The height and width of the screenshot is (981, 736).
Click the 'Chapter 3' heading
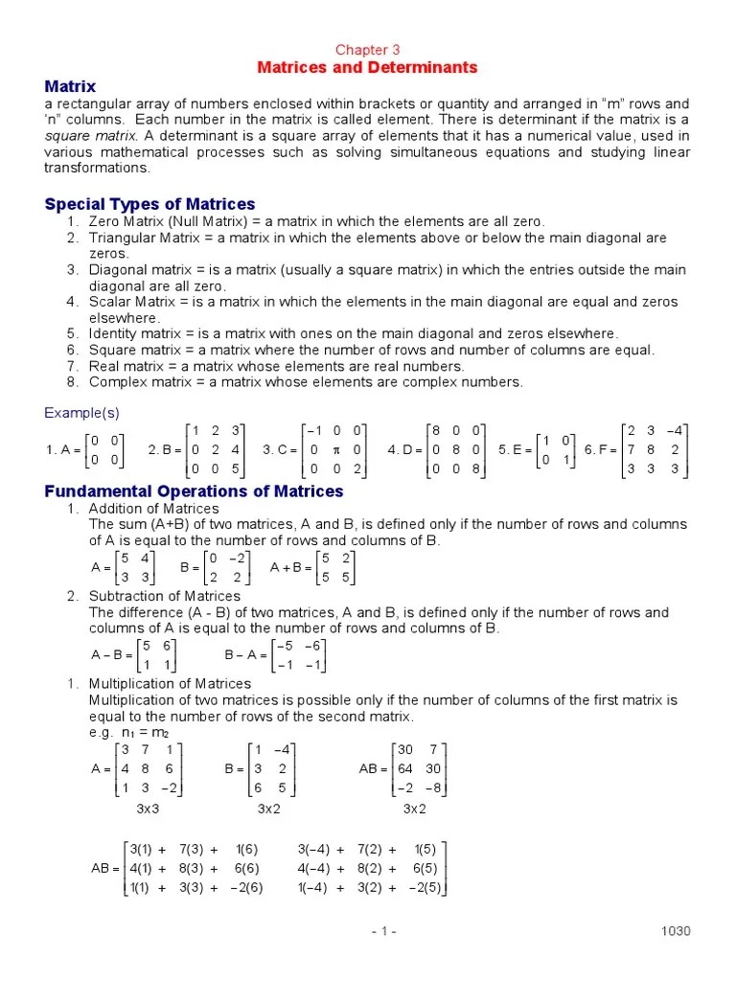(x=367, y=50)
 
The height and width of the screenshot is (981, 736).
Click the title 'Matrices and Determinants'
(x=367, y=68)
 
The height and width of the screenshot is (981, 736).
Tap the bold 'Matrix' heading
(x=71, y=86)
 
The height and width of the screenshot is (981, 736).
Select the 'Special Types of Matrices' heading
(x=149, y=204)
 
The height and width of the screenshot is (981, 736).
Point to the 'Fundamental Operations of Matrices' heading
(x=194, y=491)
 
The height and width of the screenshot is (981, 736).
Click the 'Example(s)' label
(x=79, y=413)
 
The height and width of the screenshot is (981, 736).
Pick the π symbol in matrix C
(x=332, y=449)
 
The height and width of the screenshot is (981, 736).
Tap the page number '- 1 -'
(x=381, y=931)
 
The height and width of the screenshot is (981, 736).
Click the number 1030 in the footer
(x=676, y=931)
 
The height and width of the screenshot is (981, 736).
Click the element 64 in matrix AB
(x=406, y=768)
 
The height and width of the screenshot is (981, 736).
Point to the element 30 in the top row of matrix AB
(x=406, y=749)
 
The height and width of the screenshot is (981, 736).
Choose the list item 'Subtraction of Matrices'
(x=157, y=596)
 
